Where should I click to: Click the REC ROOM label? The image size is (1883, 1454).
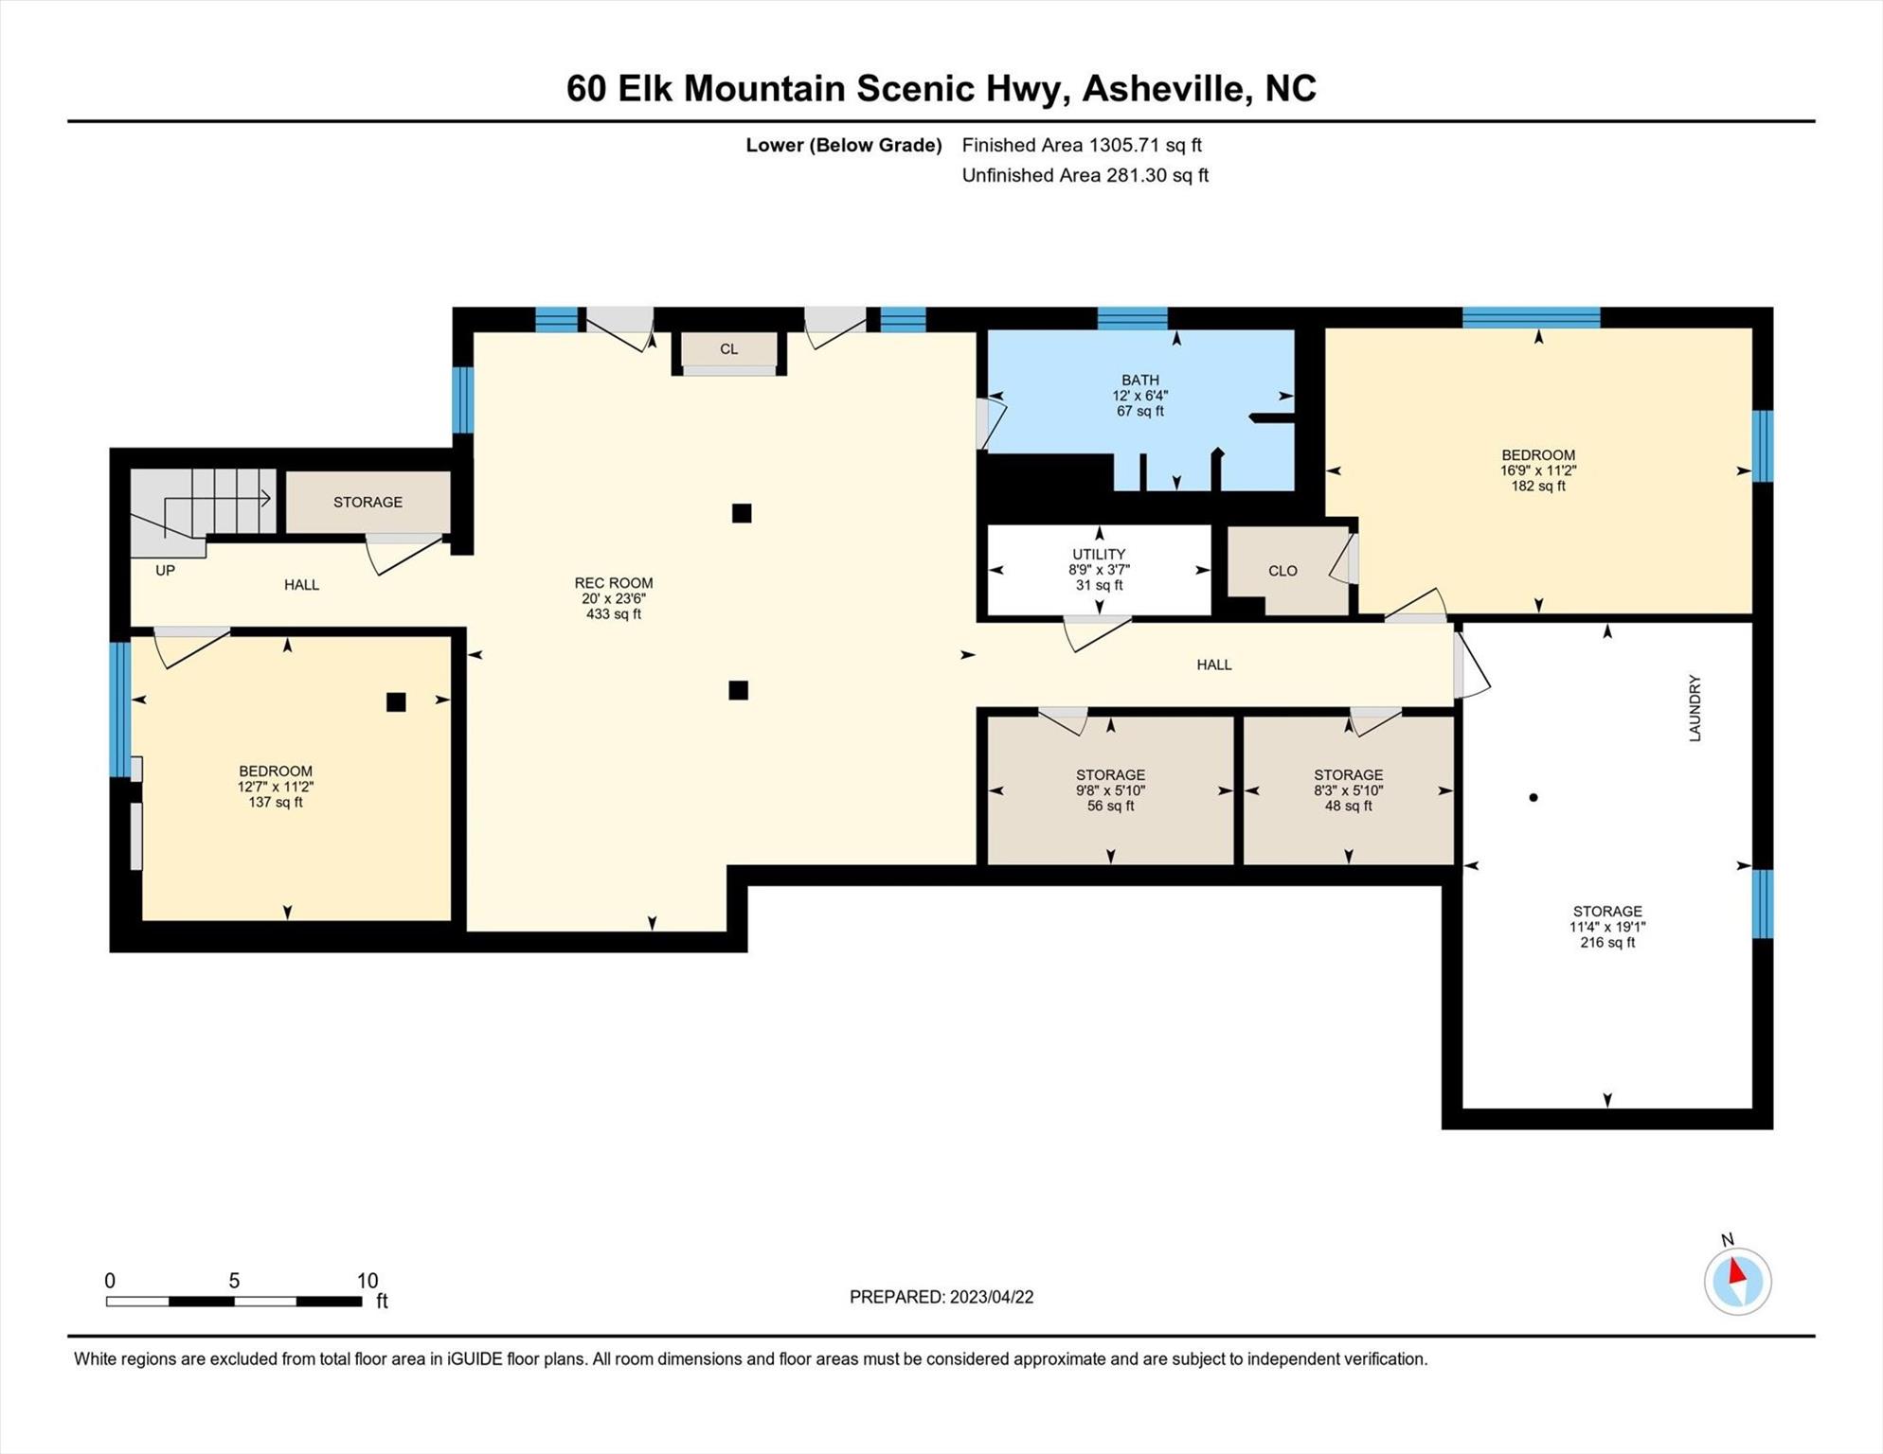pos(613,583)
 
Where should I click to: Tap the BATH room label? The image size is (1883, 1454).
pos(1139,380)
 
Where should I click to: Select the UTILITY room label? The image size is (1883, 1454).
pos(1099,554)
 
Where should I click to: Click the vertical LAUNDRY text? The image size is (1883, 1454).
pos(1695,708)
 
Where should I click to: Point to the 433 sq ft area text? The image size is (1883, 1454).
pos(613,614)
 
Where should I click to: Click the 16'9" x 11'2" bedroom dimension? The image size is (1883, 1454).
pos(1537,470)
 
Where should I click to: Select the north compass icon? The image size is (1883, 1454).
pos(1737,1281)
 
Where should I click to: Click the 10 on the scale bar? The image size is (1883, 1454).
pos(367,1281)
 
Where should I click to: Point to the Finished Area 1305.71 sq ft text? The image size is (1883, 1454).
pos(1081,145)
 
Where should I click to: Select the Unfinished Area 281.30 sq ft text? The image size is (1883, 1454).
pos(1085,175)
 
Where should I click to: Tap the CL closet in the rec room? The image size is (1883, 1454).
pos(728,349)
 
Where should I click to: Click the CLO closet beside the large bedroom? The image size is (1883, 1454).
pos(1282,571)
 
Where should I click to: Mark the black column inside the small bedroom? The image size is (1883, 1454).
pos(396,701)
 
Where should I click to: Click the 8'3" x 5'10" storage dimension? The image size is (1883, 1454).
pos(1348,790)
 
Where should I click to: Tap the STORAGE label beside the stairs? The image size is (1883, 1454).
pos(368,502)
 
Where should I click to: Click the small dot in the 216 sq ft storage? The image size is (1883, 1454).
pos(1533,797)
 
